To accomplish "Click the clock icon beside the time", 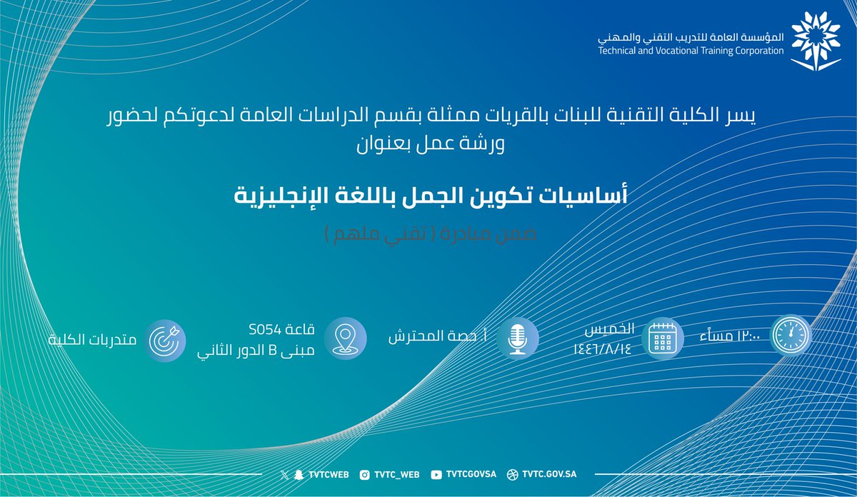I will coord(791,336).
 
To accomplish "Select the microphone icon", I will coord(517,337).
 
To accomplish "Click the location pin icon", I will coord(345,337).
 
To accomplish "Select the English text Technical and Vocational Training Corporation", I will coord(692,51).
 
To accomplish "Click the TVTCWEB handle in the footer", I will coord(324,474).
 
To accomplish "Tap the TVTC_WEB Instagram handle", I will coord(396,474).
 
